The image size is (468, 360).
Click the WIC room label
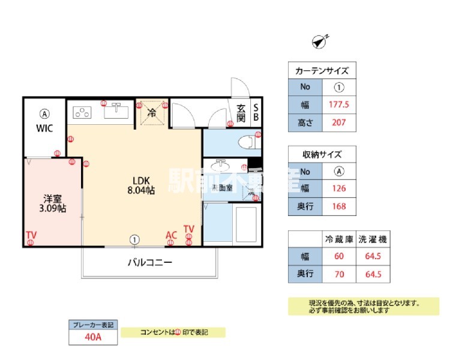tap(44, 128)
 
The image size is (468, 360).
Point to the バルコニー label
tap(149, 262)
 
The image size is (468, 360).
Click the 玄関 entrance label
tap(241, 113)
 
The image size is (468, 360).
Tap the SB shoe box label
tap(256, 113)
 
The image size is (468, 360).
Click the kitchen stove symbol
tap(82, 112)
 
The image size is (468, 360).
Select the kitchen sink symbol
tap(116, 111)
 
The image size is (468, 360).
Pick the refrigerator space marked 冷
tap(152, 112)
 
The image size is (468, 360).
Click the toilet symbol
tap(248, 143)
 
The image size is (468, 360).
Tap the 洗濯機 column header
tap(372, 239)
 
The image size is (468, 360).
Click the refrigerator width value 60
tap(340, 257)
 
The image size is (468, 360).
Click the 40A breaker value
tap(92, 337)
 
